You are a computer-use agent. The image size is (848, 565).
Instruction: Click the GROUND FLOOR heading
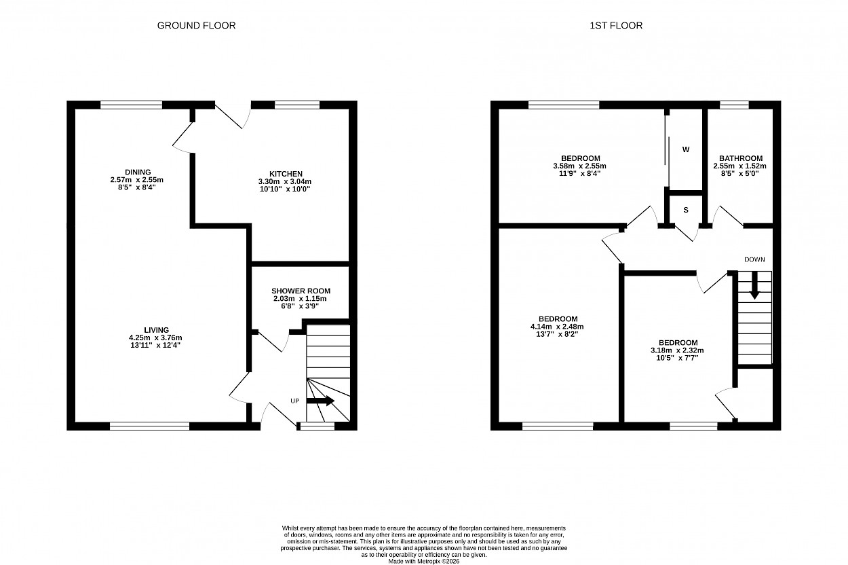196,25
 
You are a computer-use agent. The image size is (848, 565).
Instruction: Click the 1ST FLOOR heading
616,25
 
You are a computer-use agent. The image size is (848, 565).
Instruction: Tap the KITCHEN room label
286,174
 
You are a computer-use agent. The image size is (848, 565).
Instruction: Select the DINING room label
138,172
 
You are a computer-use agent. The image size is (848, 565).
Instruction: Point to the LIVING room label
156,330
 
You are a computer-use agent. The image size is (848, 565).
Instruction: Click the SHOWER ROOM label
301,291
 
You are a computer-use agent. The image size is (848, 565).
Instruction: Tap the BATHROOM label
741,158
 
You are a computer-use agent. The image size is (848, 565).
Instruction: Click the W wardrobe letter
686,149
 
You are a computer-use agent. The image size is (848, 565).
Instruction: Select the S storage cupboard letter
686,210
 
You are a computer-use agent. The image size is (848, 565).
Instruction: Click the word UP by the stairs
294,401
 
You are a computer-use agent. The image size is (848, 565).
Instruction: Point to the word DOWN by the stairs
754,259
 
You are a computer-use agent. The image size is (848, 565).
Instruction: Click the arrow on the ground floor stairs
320,401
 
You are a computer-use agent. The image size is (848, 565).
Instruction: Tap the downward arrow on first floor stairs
754,285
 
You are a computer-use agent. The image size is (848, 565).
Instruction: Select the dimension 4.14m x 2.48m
557,327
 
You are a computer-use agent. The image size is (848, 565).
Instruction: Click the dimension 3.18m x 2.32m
677,350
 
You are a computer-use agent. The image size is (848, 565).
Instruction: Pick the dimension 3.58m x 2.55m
579,166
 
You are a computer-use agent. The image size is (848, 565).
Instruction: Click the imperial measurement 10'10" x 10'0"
285,189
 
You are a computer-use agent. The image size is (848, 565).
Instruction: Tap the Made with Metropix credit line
423,562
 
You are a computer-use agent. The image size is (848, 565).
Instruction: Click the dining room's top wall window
132,105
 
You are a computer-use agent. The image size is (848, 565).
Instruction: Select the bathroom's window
735,105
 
